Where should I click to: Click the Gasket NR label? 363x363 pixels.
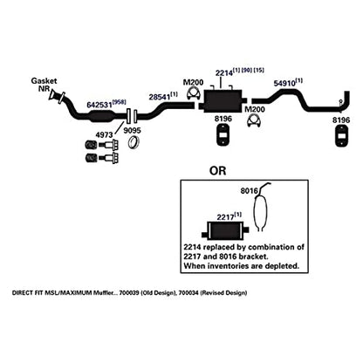pyautogui.click(x=44, y=85)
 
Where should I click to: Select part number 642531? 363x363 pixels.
pyautogui.click(x=99, y=105)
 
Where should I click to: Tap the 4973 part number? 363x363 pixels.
pyautogui.click(x=104, y=134)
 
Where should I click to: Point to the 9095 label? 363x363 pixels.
pyautogui.click(x=132, y=130)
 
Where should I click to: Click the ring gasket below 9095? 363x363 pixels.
pyautogui.click(x=134, y=142)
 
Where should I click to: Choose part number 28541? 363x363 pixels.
pyautogui.click(x=160, y=96)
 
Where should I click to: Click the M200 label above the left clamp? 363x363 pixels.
pyautogui.click(x=193, y=82)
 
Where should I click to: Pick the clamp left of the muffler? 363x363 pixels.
pyautogui.click(x=192, y=93)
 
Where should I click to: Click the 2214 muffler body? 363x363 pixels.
pyautogui.click(x=223, y=100)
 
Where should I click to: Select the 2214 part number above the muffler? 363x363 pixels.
pyautogui.click(x=224, y=72)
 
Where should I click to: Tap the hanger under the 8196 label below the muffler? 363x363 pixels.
pyautogui.click(x=223, y=134)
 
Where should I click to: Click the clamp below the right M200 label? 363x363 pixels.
pyautogui.click(x=254, y=121)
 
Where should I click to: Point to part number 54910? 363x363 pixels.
pyautogui.click(x=284, y=84)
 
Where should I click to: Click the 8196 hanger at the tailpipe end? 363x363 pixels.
pyautogui.click(x=342, y=136)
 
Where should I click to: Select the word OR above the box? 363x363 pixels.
pyautogui.click(x=217, y=171)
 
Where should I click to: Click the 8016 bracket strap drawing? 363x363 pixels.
pyautogui.click(x=261, y=208)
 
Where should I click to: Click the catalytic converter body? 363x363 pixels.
pyautogui.click(x=101, y=116)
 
